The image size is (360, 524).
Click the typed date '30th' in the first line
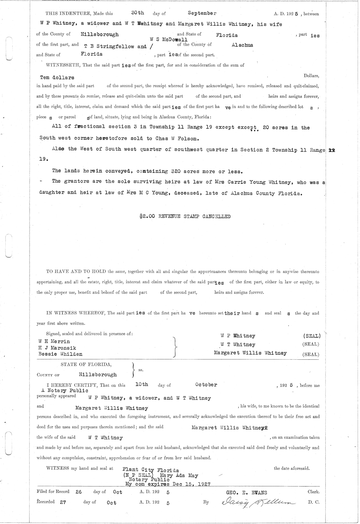pos(138,13)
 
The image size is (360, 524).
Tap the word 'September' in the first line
pos(202,13)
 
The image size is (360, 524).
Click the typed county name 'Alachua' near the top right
pos(242,45)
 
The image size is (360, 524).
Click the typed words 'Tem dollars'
pos(57,77)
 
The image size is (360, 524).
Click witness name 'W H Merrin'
pos(54,341)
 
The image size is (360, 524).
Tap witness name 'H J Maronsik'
pos(57,348)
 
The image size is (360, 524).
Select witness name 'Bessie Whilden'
pos(60,354)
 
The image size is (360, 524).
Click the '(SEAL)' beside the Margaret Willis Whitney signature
pos(310,354)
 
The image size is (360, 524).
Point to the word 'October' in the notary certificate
pos(206,385)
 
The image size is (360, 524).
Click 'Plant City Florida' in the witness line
pos(151,470)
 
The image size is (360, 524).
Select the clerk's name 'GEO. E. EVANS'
pos(247,492)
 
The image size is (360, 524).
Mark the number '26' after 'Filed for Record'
pos(78,492)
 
